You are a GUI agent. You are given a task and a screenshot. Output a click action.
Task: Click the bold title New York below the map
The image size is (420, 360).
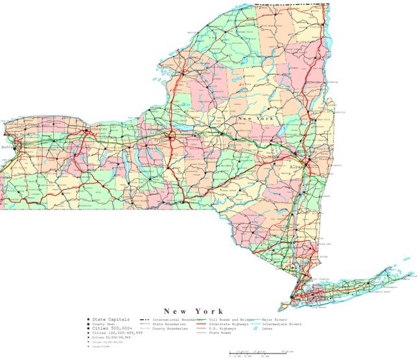(193, 311)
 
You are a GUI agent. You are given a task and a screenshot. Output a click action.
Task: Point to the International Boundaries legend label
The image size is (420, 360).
(176, 320)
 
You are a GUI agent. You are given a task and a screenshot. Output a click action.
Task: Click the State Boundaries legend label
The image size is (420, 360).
(169, 324)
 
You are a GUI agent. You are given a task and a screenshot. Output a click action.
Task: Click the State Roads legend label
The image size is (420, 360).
(220, 333)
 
